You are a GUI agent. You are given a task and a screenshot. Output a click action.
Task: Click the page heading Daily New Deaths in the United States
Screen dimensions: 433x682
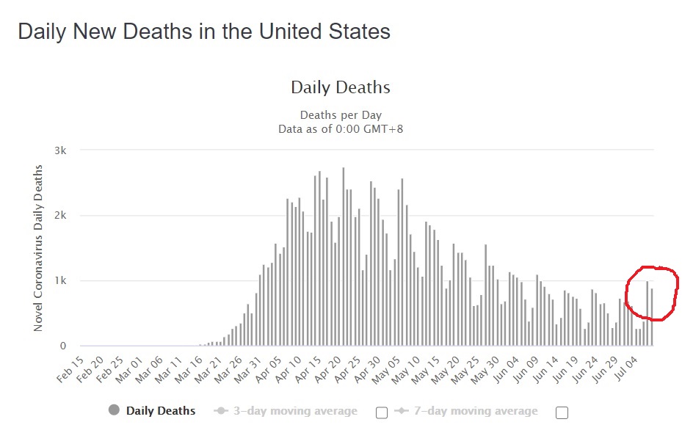203,32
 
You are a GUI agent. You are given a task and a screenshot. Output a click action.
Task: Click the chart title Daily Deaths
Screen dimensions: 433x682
341,87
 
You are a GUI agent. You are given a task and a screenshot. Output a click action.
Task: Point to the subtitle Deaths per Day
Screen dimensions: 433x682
341,115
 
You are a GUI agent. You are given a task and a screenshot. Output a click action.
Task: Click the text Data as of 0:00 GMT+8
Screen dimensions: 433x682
341,128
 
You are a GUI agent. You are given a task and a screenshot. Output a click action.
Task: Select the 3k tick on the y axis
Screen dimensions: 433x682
61,150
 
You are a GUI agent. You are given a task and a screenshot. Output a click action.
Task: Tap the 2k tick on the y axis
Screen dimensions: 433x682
61,216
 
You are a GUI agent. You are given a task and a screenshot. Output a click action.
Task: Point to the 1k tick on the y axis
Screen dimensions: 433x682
61,281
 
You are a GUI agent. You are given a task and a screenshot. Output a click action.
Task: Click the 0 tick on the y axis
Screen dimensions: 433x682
64,346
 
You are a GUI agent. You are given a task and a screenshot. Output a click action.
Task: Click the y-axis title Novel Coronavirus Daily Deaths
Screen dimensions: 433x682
38,248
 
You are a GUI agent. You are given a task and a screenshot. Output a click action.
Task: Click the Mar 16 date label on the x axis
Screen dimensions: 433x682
192,369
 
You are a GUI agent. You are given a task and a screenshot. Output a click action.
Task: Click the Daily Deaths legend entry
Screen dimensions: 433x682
161,411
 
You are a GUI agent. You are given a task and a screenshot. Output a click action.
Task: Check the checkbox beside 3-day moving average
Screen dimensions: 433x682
382,412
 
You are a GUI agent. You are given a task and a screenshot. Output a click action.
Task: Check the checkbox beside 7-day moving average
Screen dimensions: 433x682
562,412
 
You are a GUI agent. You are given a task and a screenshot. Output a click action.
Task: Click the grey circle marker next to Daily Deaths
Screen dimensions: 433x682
114,410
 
